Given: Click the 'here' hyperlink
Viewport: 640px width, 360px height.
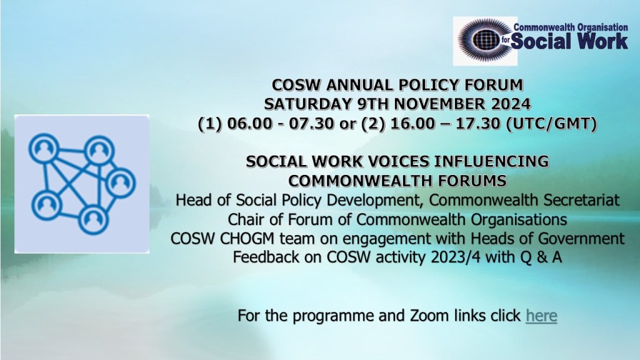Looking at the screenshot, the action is click(x=541, y=316).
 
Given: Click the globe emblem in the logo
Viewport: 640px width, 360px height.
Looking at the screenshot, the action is click(x=485, y=40).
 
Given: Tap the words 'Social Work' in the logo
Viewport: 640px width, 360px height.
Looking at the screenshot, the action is click(x=569, y=41).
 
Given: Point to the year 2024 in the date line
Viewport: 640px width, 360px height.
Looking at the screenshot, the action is click(x=511, y=104).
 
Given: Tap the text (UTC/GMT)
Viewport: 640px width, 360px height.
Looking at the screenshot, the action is click(x=551, y=123).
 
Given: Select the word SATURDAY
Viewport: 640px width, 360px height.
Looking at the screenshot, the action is click(x=308, y=104).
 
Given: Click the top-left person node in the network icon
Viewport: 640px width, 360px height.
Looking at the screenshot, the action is click(x=44, y=148).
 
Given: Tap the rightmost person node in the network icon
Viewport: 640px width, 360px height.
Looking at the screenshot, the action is click(x=121, y=182).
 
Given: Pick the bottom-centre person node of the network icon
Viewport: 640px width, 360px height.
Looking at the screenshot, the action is click(x=93, y=219).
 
